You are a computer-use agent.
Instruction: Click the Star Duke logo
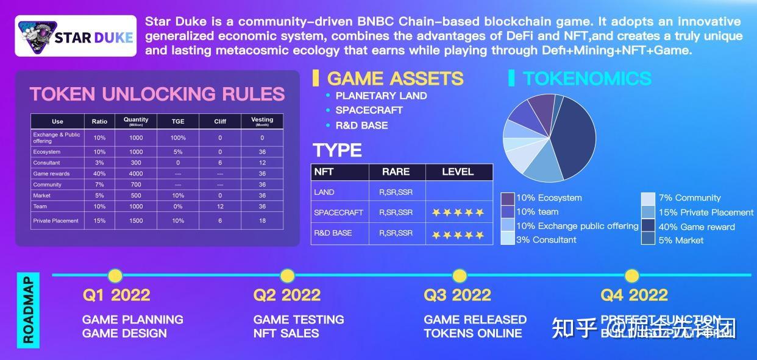click(x=76, y=36)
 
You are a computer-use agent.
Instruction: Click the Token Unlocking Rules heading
click(x=157, y=94)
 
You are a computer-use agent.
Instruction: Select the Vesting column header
click(x=262, y=121)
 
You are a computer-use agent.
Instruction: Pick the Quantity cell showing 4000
click(x=136, y=174)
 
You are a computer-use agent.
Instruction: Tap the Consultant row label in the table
click(x=47, y=163)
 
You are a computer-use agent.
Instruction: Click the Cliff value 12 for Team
click(x=220, y=206)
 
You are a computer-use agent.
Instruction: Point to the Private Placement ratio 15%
click(x=99, y=221)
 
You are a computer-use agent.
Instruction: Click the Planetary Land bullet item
click(x=381, y=96)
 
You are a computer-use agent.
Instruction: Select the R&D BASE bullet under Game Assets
click(x=361, y=125)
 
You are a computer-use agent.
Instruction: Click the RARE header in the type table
click(x=396, y=172)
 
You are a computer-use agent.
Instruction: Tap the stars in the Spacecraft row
click(x=458, y=213)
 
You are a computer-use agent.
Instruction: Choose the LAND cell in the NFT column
click(x=324, y=192)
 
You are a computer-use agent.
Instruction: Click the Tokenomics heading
click(x=587, y=79)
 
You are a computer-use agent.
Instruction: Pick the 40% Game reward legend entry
click(x=697, y=227)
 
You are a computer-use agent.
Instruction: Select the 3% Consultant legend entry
click(x=546, y=240)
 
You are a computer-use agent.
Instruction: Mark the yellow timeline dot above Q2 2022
click(x=287, y=275)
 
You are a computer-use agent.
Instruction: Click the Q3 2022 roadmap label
click(x=457, y=295)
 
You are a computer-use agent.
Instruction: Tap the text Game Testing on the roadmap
click(x=299, y=319)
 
